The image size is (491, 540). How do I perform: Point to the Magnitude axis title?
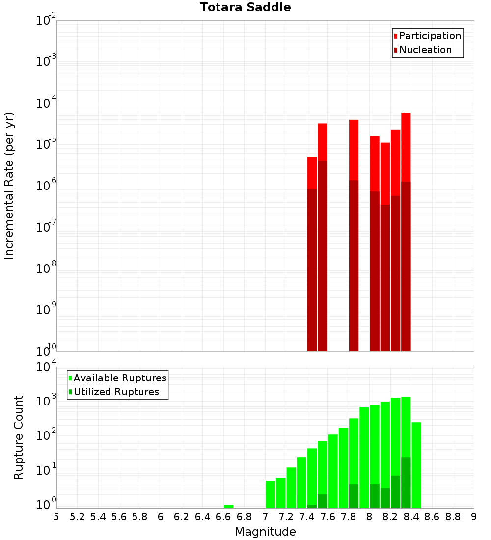coord(265,532)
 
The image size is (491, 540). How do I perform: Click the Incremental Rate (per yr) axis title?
coord(9,186)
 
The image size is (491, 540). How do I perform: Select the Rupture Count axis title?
coord(19,437)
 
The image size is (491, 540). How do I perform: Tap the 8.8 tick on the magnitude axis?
coord(453,517)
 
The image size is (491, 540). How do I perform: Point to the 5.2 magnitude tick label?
coord(77,517)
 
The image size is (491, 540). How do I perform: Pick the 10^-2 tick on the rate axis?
coord(46,21)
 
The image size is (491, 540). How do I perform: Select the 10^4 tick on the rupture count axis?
coord(47,367)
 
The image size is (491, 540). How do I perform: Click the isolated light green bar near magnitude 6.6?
coord(228,506)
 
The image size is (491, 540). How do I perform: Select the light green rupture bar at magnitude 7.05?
coord(270,494)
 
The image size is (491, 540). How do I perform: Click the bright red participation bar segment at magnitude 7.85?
coord(354,150)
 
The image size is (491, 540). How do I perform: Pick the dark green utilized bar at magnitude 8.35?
coord(406,482)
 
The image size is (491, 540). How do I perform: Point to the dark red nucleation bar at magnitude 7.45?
coord(312,270)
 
